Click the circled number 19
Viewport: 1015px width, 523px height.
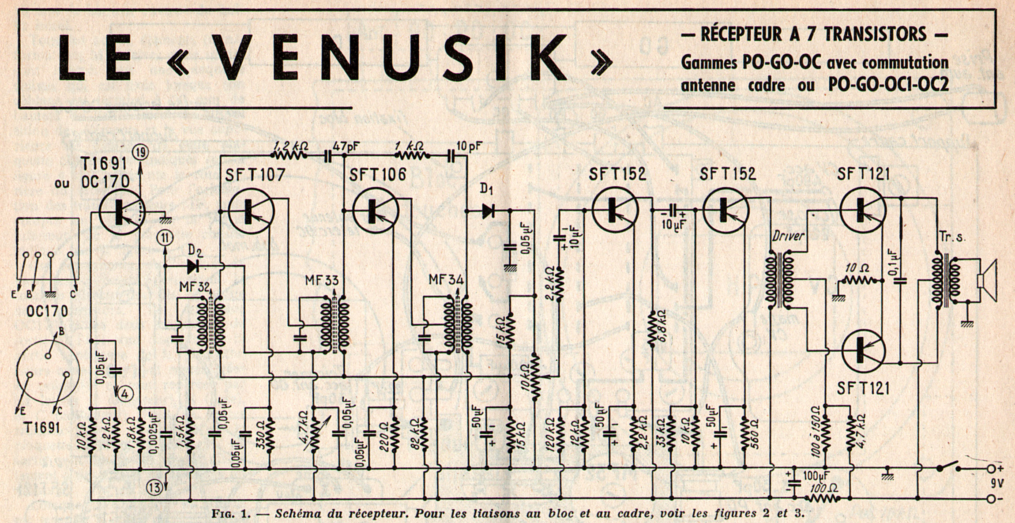pyautogui.click(x=142, y=153)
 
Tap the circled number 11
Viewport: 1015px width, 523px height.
pyautogui.click(x=165, y=238)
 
